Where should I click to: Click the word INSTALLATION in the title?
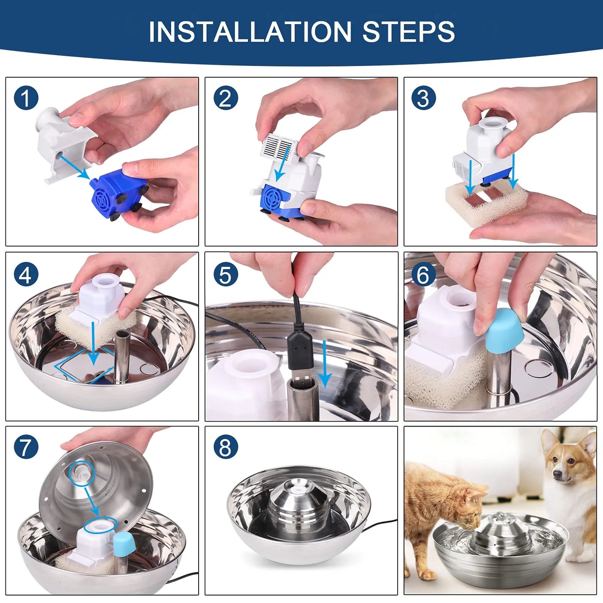coord(250,32)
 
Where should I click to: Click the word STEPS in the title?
coord(409,32)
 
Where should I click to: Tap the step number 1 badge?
coord(26,98)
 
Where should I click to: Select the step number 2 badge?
coord(226,98)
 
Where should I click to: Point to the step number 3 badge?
coord(424,98)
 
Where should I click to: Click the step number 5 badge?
coord(226,274)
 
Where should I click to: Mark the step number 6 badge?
coord(424,274)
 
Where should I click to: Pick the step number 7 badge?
coord(26,447)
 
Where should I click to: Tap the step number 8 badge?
coord(226,447)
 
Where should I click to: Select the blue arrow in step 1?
coord(74,167)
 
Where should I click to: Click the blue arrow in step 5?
coord(325,364)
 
